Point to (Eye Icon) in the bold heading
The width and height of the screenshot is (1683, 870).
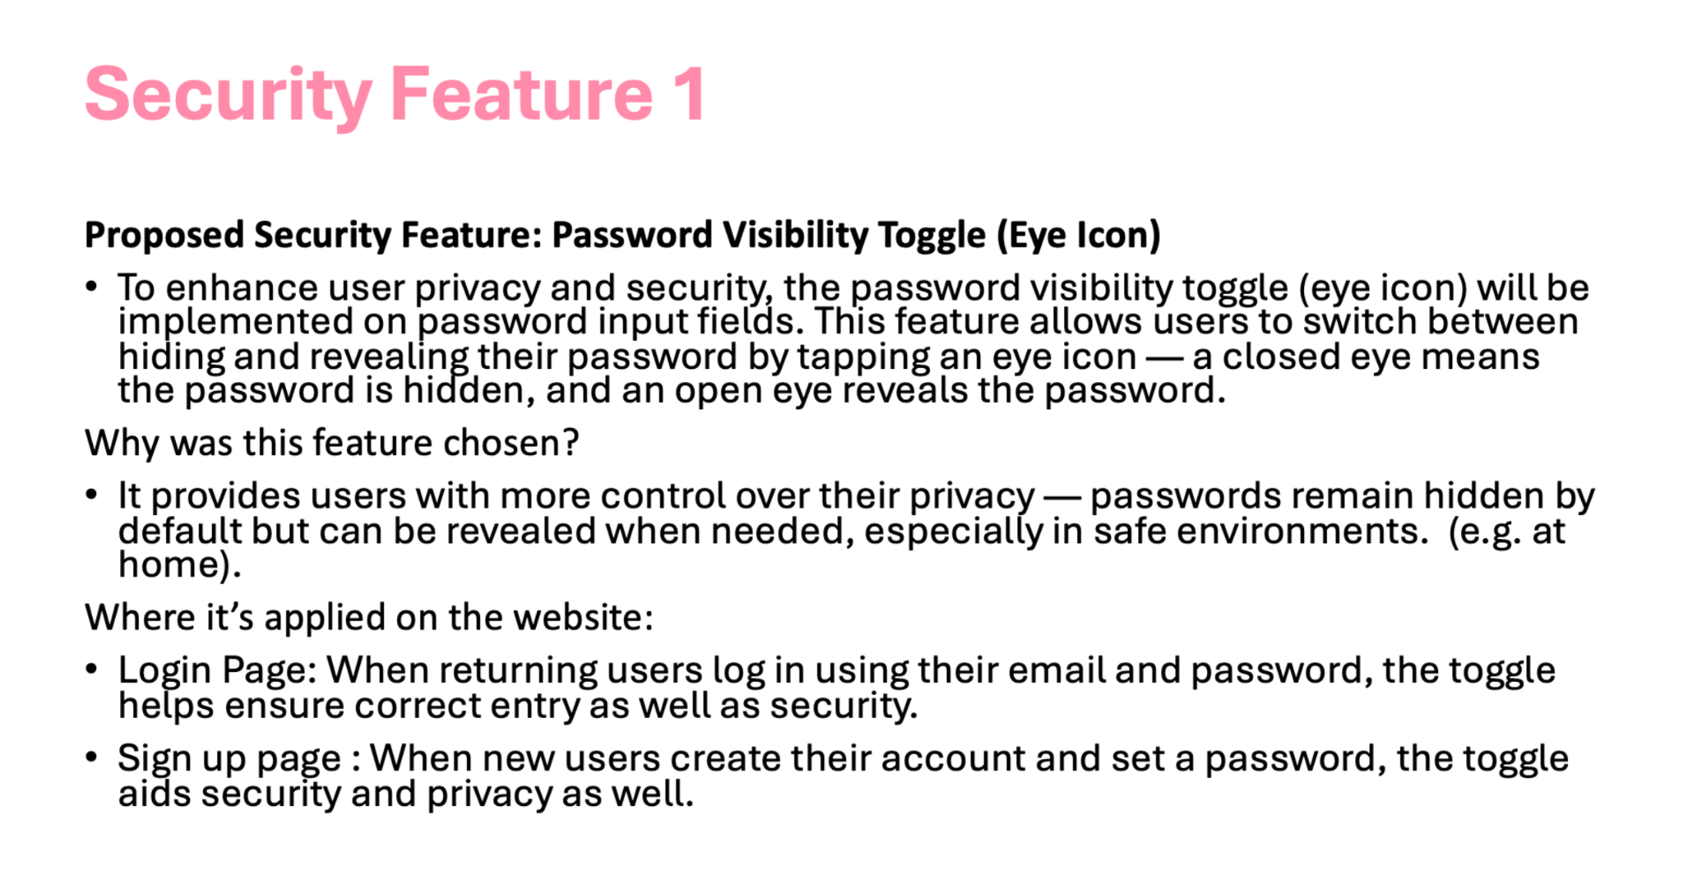1078,236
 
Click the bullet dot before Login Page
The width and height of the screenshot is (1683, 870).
91,669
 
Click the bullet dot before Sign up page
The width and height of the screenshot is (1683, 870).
91,757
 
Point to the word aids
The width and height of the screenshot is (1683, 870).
154,794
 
